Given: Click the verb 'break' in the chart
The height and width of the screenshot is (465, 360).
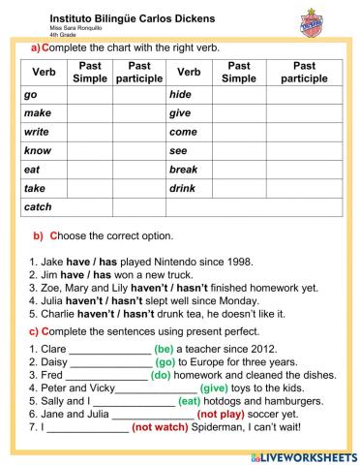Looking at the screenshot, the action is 184,170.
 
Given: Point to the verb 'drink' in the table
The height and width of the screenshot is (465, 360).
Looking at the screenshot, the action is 183,188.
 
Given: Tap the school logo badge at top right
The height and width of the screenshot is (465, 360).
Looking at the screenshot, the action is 329,22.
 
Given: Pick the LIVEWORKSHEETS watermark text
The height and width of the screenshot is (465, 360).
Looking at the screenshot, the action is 308,454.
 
